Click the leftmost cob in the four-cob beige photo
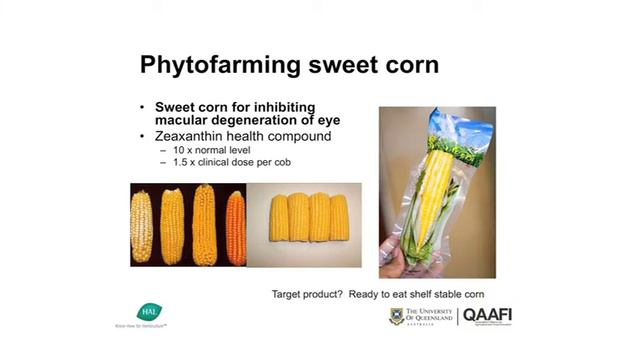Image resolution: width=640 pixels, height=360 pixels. (x=279, y=217)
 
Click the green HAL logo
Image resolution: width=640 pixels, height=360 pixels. (x=148, y=311)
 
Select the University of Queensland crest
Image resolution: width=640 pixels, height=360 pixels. (x=397, y=316)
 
